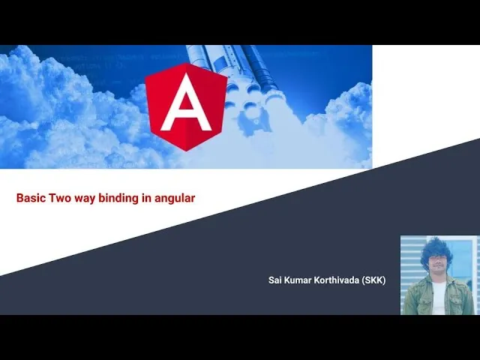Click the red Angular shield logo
186,106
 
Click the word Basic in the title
31,198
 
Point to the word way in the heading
85,199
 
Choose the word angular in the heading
175,199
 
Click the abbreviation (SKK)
373,280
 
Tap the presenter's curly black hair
436,252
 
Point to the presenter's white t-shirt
438,298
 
